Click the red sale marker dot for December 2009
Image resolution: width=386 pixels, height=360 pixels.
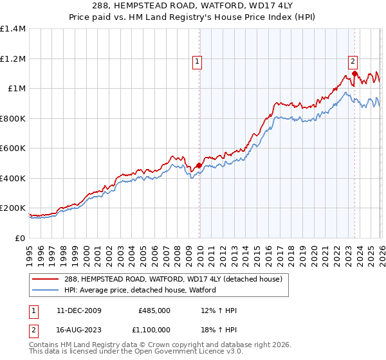pyautogui.click(x=199, y=165)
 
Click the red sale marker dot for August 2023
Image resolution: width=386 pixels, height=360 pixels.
pyautogui.click(x=354, y=73)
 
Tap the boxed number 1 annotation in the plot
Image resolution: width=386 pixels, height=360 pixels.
pyautogui.click(x=198, y=62)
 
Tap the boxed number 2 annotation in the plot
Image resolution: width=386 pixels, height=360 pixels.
pyautogui.click(x=353, y=62)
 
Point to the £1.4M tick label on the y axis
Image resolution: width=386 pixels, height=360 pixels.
pyautogui.click(x=13, y=29)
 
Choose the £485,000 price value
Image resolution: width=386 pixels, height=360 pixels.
pyautogui.click(x=154, y=310)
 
